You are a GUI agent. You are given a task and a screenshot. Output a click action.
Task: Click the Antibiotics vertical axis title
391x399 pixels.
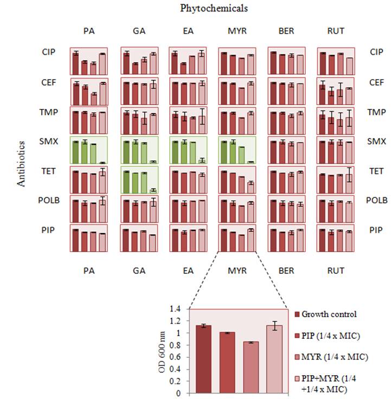point(22,164)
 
